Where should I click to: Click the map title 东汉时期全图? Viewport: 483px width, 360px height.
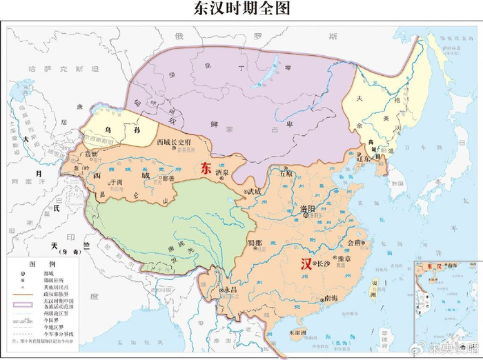point(241,9)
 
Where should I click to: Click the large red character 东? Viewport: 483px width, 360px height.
point(205,167)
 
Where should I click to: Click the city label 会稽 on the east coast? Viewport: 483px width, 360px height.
point(353,243)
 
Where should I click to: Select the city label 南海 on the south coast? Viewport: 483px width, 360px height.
point(330,298)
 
